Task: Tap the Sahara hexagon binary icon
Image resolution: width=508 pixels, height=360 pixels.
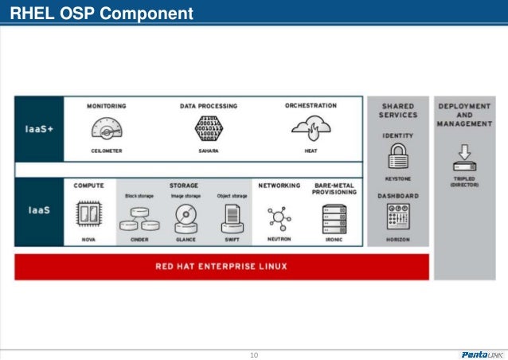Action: (x=209, y=127)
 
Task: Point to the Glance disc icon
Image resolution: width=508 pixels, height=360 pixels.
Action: (x=186, y=217)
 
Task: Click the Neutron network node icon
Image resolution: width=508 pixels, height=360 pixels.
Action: (x=279, y=217)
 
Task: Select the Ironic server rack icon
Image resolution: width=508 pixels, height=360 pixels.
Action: (x=334, y=217)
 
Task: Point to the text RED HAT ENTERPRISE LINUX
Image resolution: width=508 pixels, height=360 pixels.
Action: (x=221, y=266)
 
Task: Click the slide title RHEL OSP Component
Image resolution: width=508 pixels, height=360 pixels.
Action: (x=101, y=14)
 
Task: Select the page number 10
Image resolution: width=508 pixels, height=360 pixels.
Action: (x=254, y=354)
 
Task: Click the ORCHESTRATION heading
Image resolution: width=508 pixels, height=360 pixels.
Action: (x=311, y=105)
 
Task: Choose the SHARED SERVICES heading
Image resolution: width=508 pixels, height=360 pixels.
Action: (x=397, y=111)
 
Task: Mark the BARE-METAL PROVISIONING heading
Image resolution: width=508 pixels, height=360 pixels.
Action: (x=334, y=189)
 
